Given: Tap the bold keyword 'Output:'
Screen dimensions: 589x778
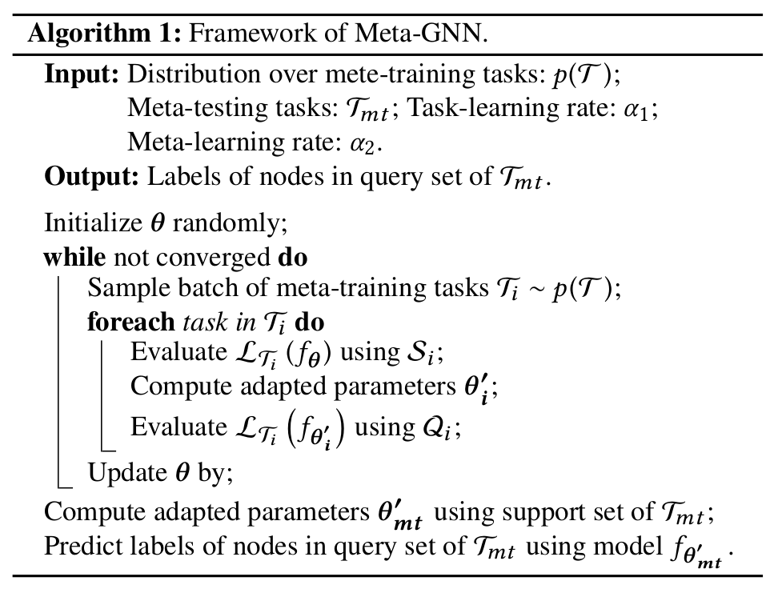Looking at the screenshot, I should (x=91, y=177).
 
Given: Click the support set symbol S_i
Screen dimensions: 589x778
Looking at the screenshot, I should (x=416, y=353).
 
